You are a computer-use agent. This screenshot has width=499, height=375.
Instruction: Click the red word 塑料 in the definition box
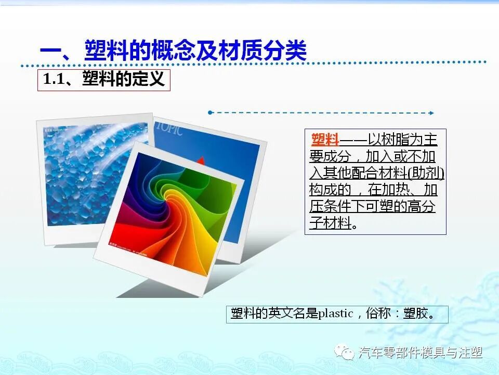click(325, 140)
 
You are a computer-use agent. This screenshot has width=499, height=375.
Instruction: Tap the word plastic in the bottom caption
click(335, 314)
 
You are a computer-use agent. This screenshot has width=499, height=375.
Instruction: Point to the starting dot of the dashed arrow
click(209, 112)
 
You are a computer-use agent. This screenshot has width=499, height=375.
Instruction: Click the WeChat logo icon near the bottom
click(345, 353)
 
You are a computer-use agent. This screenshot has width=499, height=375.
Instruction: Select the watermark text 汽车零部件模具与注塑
click(421, 353)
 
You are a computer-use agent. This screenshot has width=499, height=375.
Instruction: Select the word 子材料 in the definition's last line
click(330, 223)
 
